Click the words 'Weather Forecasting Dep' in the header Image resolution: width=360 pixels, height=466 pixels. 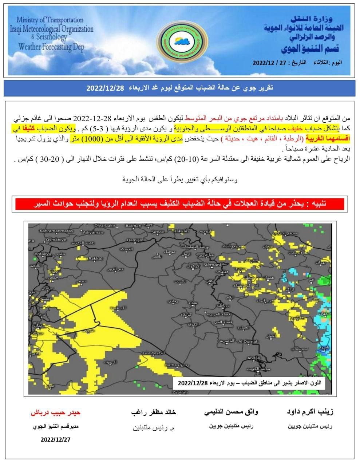[51, 47]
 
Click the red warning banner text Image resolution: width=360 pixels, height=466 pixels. [180, 204]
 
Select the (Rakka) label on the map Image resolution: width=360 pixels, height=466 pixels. [95, 258]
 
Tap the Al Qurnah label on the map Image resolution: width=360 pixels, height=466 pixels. [248, 341]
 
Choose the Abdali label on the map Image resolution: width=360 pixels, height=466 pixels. [254, 358]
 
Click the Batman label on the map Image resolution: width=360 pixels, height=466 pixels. [133, 226]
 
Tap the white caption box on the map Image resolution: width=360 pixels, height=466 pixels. [248, 383]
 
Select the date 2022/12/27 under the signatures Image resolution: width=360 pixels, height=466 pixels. [55, 439]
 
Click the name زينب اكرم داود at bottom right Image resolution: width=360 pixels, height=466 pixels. [310, 412]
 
